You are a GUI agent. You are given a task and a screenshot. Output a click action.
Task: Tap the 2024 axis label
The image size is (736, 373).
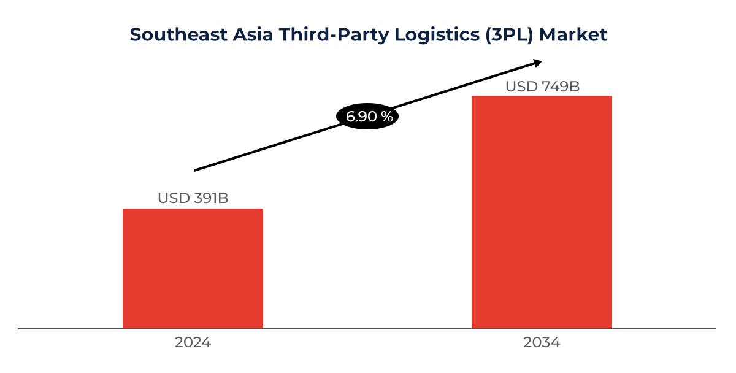click(x=193, y=343)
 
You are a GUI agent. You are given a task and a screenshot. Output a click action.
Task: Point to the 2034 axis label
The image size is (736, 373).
click(x=542, y=343)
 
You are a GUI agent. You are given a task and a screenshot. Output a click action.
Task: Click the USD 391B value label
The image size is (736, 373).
click(x=193, y=198)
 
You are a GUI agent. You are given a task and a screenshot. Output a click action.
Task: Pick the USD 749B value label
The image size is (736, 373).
click(x=542, y=87)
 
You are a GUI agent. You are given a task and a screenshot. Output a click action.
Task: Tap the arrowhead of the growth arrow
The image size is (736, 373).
click(x=537, y=62)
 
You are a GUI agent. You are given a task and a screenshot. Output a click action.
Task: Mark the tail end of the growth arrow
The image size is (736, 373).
click(x=196, y=170)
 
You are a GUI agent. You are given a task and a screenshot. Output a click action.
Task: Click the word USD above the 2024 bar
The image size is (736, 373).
click(x=172, y=198)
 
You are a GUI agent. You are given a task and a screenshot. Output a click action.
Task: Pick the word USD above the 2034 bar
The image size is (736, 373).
click(x=521, y=87)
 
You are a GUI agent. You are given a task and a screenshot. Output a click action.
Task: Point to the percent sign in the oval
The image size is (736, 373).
click(x=387, y=117)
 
